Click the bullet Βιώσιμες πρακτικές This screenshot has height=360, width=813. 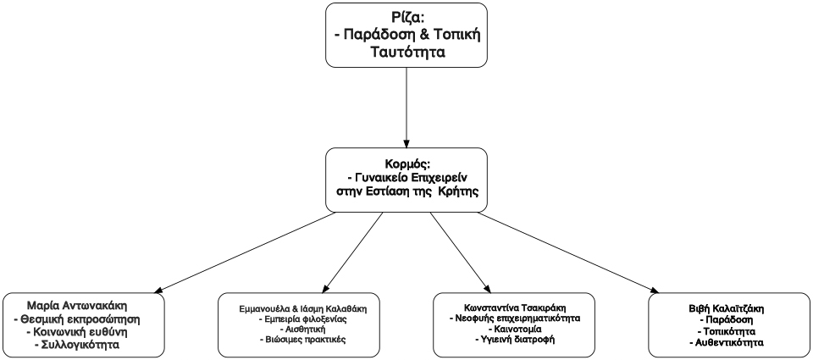point(296,340)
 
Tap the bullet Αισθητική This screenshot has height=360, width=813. point(296,329)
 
